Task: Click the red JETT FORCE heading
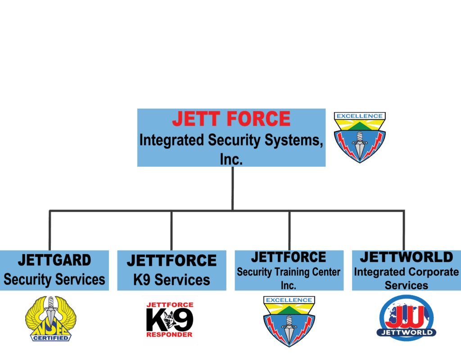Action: [231, 119]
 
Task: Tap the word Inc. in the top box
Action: [231, 159]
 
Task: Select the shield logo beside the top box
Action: [359, 137]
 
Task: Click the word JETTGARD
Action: [54, 260]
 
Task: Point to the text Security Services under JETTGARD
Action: [54, 279]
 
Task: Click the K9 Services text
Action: [172, 279]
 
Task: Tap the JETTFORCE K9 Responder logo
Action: [170, 320]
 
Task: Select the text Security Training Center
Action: [289, 272]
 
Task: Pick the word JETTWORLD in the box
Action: [406, 257]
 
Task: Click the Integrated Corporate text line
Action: [406, 272]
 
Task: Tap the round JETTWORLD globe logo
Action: [406, 318]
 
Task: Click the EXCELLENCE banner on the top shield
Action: [359, 116]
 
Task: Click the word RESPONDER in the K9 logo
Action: [170, 335]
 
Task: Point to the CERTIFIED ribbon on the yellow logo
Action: [50, 337]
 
